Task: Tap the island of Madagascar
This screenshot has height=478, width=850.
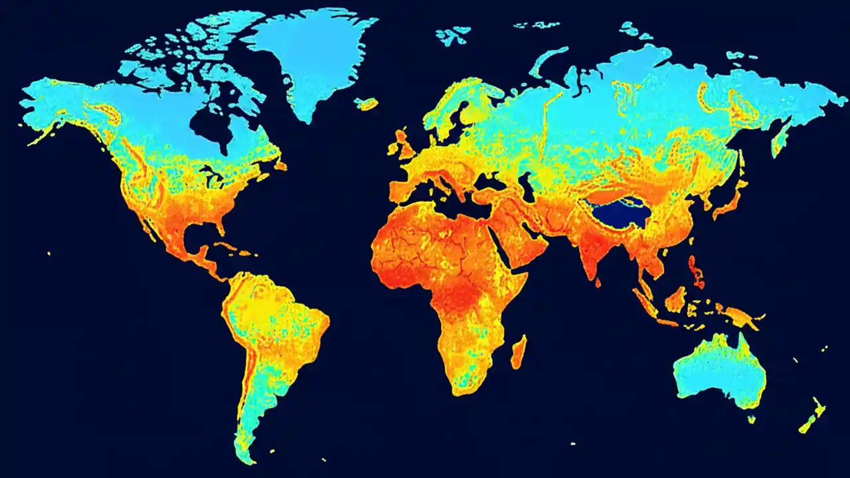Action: (518, 352)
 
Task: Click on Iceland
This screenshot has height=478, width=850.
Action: (367, 104)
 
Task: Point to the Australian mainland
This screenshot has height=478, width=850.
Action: (721, 372)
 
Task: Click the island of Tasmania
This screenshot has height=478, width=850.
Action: (751, 419)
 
